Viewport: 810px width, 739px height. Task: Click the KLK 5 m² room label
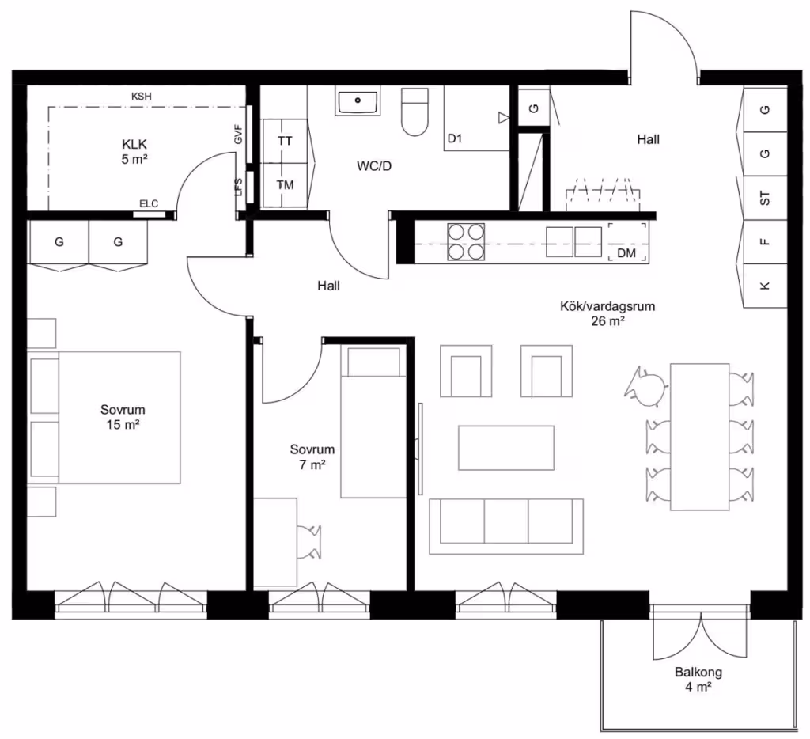(x=134, y=151)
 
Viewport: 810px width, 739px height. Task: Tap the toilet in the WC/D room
(x=414, y=112)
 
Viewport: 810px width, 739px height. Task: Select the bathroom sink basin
(x=358, y=100)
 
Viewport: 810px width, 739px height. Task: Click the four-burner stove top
(x=466, y=241)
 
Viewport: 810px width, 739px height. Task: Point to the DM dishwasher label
(x=626, y=253)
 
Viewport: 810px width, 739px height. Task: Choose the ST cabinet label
(x=765, y=198)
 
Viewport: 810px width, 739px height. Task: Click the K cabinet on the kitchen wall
(x=765, y=286)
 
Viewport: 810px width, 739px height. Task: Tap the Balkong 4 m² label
(x=698, y=680)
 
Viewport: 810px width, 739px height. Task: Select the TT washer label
(x=285, y=141)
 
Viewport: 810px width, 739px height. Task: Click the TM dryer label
(x=285, y=185)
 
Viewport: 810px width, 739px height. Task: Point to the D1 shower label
(x=455, y=138)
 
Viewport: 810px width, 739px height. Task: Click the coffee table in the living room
(x=506, y=448)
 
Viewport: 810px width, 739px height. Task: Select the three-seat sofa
(x=506, y=527)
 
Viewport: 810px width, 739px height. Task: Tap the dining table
(x=699, y=437)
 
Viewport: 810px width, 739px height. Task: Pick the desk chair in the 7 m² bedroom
(x=309, y=542)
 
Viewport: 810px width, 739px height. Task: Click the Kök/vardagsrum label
(x=607, y=306)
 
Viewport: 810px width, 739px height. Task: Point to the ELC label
(x=149, y=203)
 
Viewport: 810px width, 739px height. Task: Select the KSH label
(x=141, y=96)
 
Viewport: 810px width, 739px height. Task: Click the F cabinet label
(x=765, y=242)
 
